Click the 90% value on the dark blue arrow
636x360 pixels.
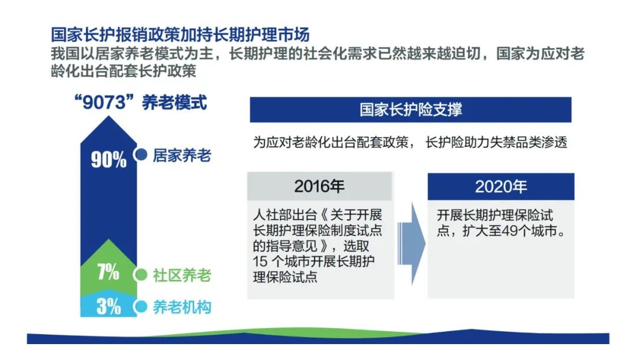(x=109, y=160)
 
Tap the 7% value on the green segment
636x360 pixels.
(x=108, y=272)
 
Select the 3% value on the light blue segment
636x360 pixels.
(x=108, y=306)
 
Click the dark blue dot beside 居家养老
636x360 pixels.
(x=141, y=154)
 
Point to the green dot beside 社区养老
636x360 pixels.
(x=141, y=275)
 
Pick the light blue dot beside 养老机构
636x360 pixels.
(x=141, y=306)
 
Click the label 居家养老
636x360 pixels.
(x=182, y=156)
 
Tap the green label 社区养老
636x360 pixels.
(x=182, y=275)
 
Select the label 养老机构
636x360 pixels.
(x=182, y=307)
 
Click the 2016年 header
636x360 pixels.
(x=320, y=187)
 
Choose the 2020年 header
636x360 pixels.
(x=501, y=187)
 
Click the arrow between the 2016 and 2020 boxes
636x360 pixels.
(x=411, y=244)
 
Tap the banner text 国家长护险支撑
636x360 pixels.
(x=410, y=110)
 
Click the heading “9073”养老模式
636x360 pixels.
(x=141, y=103)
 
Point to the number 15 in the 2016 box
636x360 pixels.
(x=260, y=262)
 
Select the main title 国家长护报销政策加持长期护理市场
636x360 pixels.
(x=180, y=35)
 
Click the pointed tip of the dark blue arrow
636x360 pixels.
(x=109, y=117)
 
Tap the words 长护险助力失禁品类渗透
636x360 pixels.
(x=496, y=143)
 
